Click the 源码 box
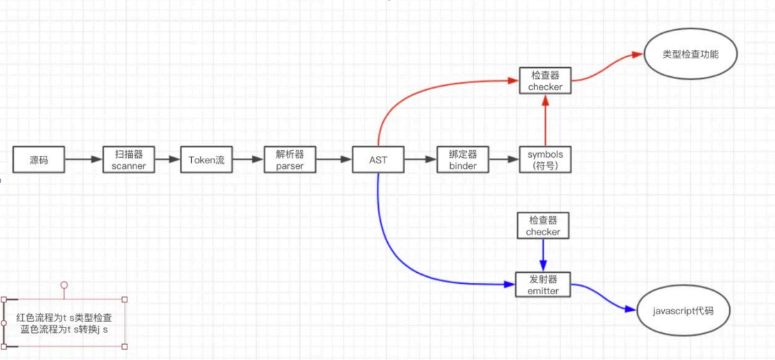(x=39, y=160)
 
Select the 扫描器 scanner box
(x=129, y=160)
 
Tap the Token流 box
(x=206, y=160)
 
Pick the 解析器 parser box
(x=290, y=160)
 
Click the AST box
(x=378, y=160)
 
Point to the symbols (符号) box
(x=545, y=160)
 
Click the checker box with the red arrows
(x=545, y=81)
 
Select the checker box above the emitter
(x=543, y=226)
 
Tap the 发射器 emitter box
(x=543, y=285)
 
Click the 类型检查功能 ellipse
(x=690, y=53)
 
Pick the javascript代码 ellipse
(x=683, y=311)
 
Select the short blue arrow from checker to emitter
(x=543, y=255)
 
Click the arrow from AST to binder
(x=420, y=160)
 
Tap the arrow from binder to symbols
(x=504, y=160)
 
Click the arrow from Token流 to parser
(x=248, y=160)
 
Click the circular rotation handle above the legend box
(x=64, y=285)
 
